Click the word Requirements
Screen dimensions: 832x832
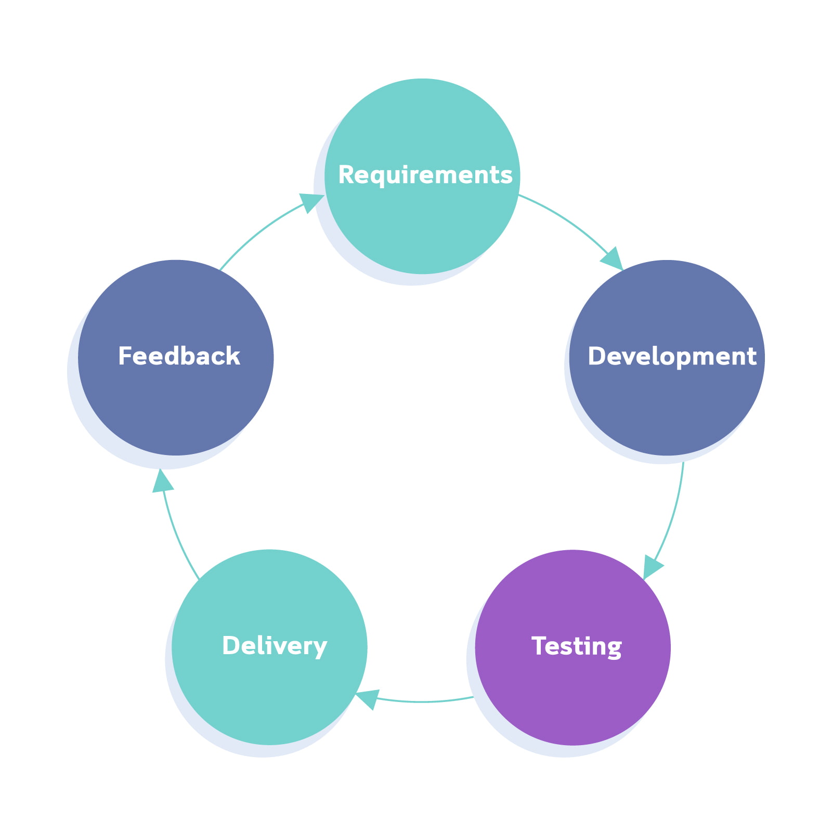pos(425,175)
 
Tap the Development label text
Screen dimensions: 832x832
pos(671,357)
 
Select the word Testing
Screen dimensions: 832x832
pos(576,646)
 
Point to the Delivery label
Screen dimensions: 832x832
pos(274,646)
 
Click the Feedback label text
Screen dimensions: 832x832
pos(179,357)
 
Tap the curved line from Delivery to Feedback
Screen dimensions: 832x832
pos(177,536)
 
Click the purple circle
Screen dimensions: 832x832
pos(573,697)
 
